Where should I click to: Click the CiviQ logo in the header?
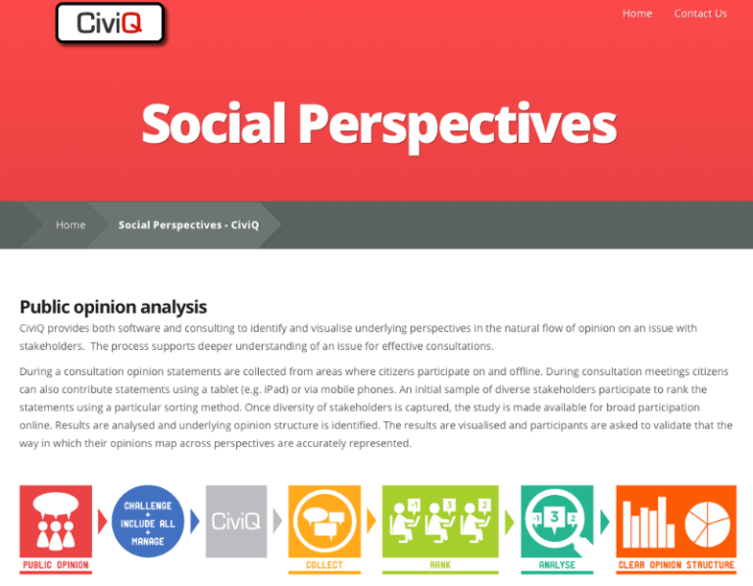[x=110, y=23]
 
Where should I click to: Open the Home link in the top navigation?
[x=636, y=14]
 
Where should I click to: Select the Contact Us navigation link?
[x=700, y=14]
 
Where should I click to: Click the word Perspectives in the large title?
[x=457, y=124]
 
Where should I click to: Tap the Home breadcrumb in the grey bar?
[x=71, y=224]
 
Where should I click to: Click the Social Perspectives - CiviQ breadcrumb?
[x=188, y=224]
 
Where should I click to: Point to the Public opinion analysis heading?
[x=113, y=307]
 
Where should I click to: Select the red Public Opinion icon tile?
[x=56, y=520]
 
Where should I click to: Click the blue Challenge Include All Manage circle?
[x=148, y=520]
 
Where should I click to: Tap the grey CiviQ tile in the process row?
[x=235, y=520]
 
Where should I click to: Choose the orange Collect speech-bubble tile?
[x=325, y=520]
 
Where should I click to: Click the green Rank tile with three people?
[x=439, y=520]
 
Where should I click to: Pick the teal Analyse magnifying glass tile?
[x=557, y=520]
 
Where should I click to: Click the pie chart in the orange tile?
[x=708, y=521]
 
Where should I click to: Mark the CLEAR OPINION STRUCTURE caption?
[x=676, y=565]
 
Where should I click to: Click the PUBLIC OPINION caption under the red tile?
[x=56, y=565]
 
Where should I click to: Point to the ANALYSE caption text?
[x=557, y=565]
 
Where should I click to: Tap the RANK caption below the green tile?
[x=439, y=565]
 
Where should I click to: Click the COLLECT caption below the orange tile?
[x=325, y=565]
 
